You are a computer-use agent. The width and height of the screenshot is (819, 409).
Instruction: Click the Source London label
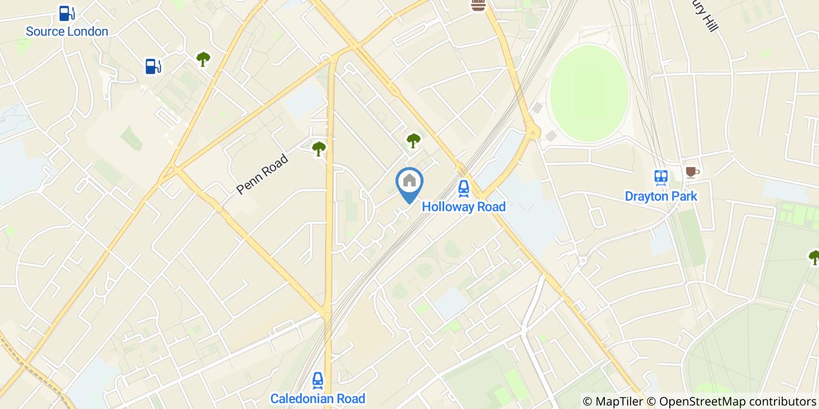(x=67, y=32)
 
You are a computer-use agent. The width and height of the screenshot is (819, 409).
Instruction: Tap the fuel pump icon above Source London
(x=67, y=13)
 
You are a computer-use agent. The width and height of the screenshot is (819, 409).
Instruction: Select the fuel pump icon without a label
(x=153, y=67)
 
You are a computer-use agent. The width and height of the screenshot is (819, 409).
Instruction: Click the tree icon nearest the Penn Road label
(x=319, y=148)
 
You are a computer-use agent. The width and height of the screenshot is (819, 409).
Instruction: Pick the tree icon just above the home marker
(x=414, y=140)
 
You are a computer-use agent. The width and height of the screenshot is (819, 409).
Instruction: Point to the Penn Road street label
(x=263, y=174)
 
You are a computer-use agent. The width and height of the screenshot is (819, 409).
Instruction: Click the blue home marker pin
(x=409, y=183)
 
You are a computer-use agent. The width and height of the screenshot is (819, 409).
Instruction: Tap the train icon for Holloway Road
(x=463, y=188)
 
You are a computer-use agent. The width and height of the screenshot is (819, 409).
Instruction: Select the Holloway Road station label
(x=463, y=207)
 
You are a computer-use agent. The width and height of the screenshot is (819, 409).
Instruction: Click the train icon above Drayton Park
(x=661, y=177)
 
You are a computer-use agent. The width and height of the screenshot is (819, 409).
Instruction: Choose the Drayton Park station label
(x=661, y=196)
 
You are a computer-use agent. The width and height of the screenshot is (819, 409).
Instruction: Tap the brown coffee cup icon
(x=691, y=172)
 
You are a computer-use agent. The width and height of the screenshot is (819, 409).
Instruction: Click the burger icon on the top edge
(x=479, y=6)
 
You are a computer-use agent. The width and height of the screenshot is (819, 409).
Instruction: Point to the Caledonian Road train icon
(x=318, y=380)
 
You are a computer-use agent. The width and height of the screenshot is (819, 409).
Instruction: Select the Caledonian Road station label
(x=318, y=399)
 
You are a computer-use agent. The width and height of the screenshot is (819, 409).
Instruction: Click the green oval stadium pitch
(x=589, y=93)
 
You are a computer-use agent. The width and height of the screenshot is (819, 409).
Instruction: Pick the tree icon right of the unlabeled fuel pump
(x=203, y=59)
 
